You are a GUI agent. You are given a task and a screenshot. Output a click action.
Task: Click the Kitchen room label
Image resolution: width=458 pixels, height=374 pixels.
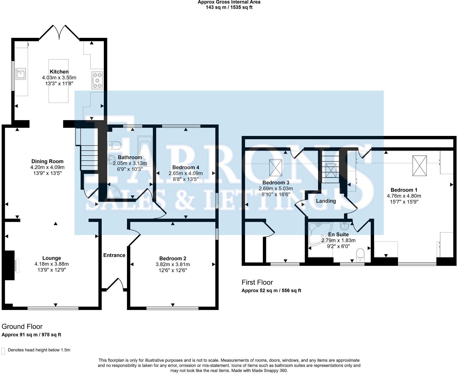(x=59, y=72)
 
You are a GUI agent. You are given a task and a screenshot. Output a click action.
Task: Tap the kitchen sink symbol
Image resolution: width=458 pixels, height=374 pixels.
(x=21, y=74)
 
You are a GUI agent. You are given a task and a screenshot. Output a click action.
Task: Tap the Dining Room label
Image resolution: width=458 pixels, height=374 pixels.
(x=47, y=161)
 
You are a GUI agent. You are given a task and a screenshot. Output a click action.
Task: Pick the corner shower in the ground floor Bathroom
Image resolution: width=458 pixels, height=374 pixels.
(x=114, y=191)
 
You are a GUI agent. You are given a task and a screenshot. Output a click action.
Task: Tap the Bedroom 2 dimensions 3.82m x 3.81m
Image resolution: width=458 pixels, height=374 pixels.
(x=173, y=264)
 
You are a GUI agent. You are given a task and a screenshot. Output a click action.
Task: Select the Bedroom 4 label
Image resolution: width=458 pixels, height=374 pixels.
(x=185, y=167)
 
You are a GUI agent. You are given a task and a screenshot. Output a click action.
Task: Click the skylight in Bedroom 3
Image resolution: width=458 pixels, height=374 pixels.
(x=276, y=167)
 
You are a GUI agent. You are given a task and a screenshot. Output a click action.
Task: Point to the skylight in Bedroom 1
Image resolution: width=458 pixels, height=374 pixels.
(x=420, y=165)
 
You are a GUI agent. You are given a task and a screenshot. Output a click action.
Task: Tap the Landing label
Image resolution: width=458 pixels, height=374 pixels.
(x=326, y=201)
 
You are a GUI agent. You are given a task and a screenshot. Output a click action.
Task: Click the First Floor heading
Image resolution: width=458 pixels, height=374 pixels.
(x=257, y=282)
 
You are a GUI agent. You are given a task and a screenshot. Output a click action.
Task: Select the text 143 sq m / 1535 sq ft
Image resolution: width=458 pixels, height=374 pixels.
(x=229, y=7)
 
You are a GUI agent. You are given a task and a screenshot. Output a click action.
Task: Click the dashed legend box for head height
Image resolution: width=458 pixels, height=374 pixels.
(x=3, y=351)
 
